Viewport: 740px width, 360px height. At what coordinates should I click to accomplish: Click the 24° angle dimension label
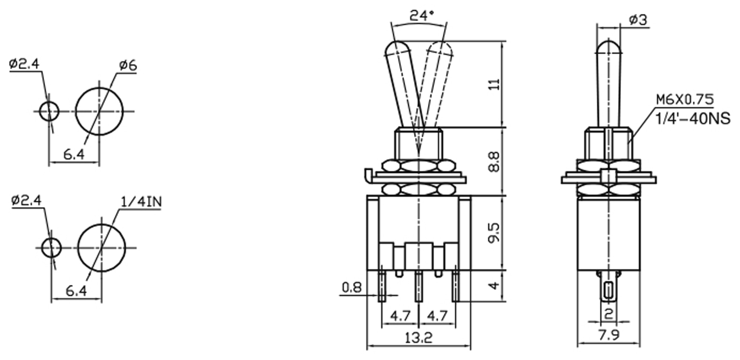[422, 16]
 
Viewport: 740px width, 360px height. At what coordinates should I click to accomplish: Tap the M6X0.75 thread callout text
[684, 99]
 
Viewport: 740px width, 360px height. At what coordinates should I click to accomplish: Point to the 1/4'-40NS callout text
[693, 119]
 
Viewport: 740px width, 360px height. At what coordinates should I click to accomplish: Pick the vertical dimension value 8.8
[494, 162]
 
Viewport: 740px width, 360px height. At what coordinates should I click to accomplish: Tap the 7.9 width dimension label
[609, 335]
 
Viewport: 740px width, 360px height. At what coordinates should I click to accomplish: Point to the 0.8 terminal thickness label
[352, 288]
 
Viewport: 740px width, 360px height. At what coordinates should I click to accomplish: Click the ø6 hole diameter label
[128, 65]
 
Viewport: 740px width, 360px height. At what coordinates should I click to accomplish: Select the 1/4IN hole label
[141, 202]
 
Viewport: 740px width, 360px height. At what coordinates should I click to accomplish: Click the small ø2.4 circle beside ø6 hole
[49, 111]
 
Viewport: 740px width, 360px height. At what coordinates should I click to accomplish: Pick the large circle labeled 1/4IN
[102, 248]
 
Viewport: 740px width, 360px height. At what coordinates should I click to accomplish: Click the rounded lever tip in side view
[609, 48]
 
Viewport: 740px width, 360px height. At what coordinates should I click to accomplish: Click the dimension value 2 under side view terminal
[609, 314]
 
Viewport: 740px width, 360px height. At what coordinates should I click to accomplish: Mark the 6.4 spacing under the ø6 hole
[74, 154]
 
